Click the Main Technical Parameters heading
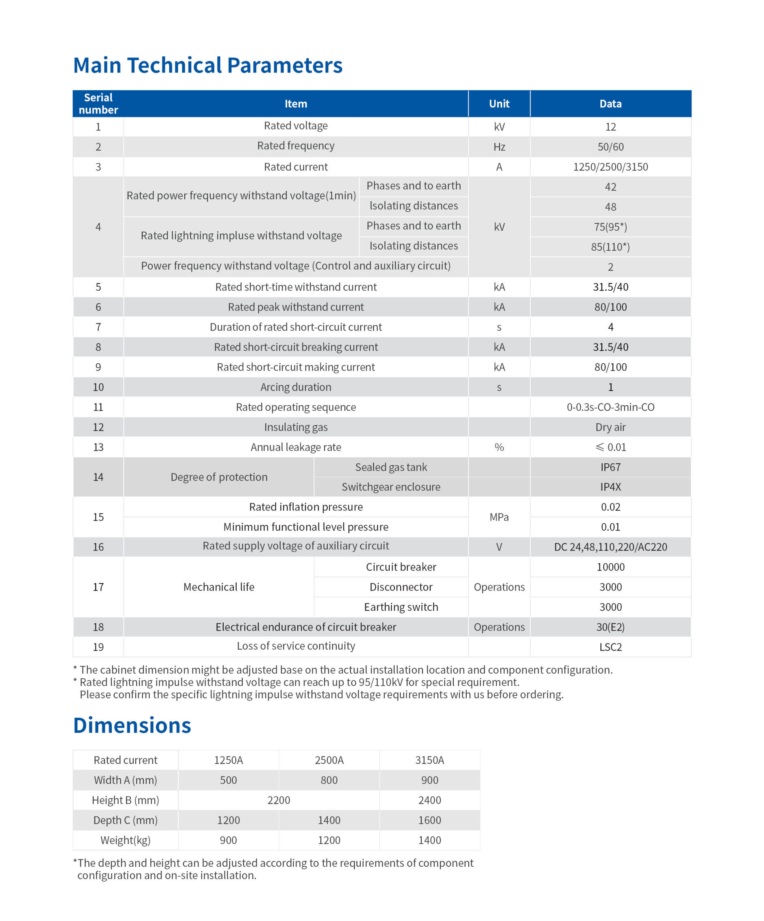click(x=207, y=65)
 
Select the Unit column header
click(x=499, y=104)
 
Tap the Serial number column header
click(x=98, y=104)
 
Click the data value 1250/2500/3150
click(x=610, y=167)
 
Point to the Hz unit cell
click(x=499, y=147)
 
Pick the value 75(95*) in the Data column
click(x=610, y=227)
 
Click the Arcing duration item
click(x=296, y=387)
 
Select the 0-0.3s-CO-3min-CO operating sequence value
click(x=610, y=407)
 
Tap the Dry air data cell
click(x=610, y=427)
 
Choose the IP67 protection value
click(x=610, y=467)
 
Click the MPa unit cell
click(x=499, y=517)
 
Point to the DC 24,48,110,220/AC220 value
click(x=610, y=547)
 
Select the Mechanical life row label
click(x=218, y=587)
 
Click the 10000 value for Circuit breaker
click(x=610, y=567)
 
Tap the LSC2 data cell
click(x=610, y=647)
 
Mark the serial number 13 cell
click(x=98, y=448)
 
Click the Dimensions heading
click(x=132, y=725)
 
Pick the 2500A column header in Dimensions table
click(x=329, y=760)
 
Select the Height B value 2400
click(x=429, y=800)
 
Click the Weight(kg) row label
click(x=126, y=840)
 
